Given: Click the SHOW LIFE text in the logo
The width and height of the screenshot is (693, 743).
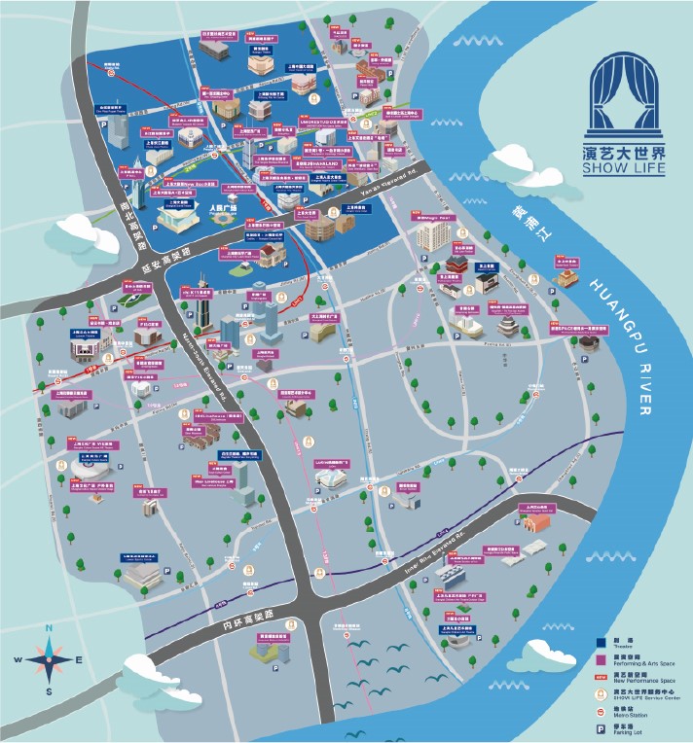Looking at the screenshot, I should [626, 170].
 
